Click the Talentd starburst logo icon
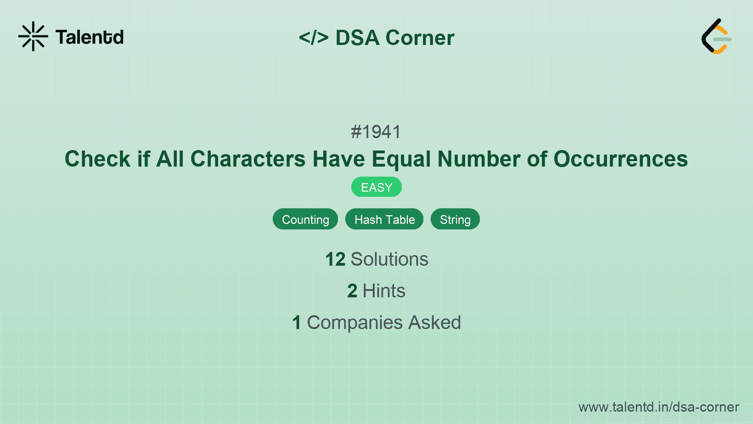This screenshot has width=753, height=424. point(33,36)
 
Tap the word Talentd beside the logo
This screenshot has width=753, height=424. point(90,37)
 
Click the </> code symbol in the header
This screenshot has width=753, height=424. point(314,38)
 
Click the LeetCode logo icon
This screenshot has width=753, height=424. point(716,37)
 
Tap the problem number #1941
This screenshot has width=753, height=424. point(376,132)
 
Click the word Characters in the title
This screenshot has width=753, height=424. point(248,159)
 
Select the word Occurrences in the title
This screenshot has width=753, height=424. point(620,159)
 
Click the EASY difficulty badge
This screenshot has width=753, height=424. point(376,187)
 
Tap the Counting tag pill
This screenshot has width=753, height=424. point(305,219)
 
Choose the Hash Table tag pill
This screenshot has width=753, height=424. point(384,219)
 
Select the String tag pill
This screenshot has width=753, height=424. point(455,219)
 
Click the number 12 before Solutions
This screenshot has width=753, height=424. point(335,259)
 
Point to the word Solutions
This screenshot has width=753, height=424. point(389,259)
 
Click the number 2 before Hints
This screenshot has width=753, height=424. point(352,291)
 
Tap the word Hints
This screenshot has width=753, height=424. point(384,291)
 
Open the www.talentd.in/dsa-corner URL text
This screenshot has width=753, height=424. point(658,407)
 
